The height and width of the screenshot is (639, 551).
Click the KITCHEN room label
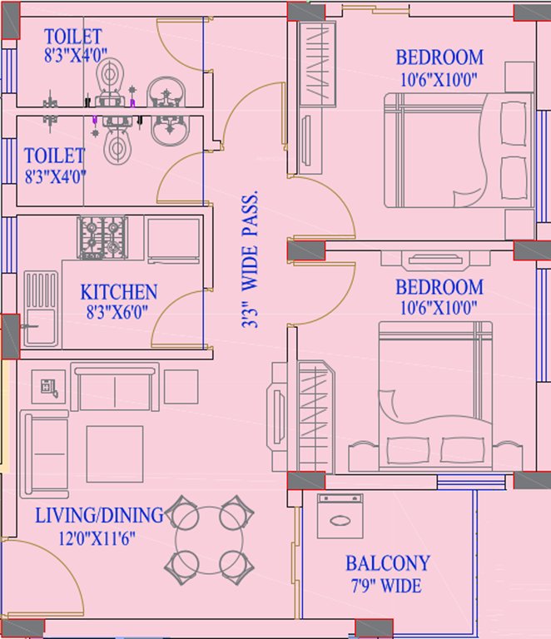118,292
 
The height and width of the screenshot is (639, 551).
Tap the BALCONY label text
388,563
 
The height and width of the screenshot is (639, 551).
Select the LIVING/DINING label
99,516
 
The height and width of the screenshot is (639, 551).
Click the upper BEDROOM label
439,57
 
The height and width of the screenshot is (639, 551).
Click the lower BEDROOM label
439,288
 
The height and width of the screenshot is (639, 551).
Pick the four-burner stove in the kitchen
102,236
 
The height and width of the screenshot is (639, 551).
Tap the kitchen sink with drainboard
41,310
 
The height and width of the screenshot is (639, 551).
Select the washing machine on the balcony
341,516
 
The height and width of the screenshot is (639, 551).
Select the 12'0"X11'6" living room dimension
86,537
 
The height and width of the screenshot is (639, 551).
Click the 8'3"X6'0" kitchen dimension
118,314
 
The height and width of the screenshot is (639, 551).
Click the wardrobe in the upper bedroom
317,64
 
